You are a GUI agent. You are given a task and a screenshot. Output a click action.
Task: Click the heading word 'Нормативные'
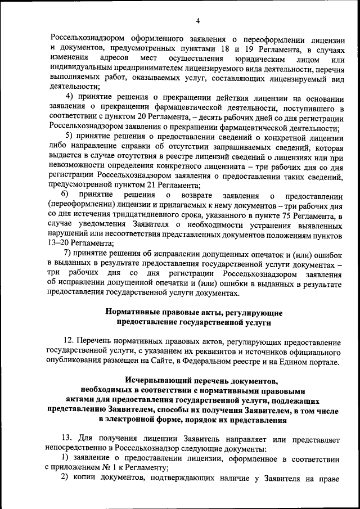[x=131, y=312]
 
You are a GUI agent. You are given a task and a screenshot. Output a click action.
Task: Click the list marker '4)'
[x=71, y=98]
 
